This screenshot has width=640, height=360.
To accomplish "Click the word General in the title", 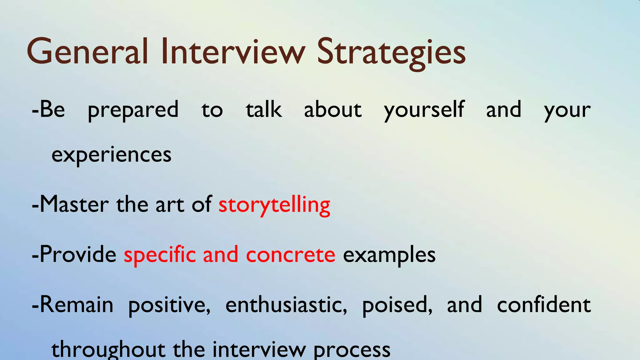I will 87,52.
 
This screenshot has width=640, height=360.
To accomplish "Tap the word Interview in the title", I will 233,52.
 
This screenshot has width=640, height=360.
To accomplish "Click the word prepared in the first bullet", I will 133,110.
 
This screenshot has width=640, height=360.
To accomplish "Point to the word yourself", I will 424,110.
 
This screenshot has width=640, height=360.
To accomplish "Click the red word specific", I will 160,255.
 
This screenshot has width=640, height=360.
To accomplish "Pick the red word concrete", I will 291,255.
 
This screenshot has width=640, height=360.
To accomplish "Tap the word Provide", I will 78,254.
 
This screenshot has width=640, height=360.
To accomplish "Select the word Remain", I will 77,305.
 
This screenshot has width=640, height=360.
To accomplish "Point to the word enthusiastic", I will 286,305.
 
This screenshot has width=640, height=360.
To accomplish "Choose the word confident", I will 544,305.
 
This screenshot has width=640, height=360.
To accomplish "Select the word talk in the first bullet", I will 264,110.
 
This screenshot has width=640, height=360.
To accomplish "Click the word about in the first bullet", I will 333,110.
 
